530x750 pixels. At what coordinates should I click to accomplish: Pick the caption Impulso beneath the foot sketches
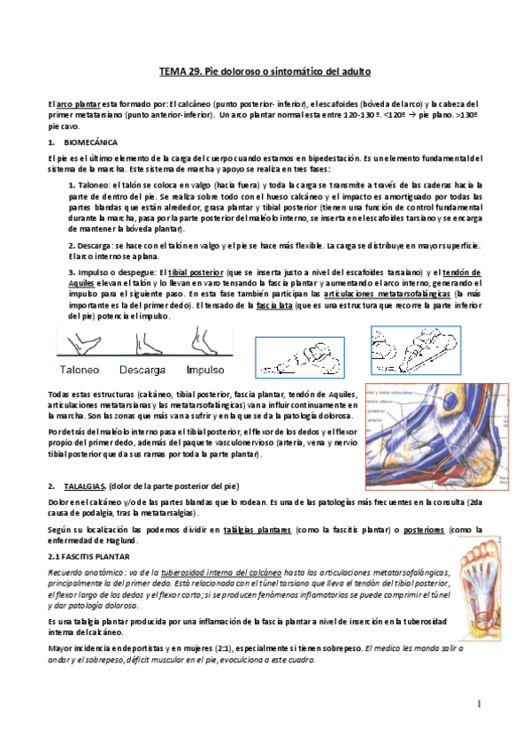205,370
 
